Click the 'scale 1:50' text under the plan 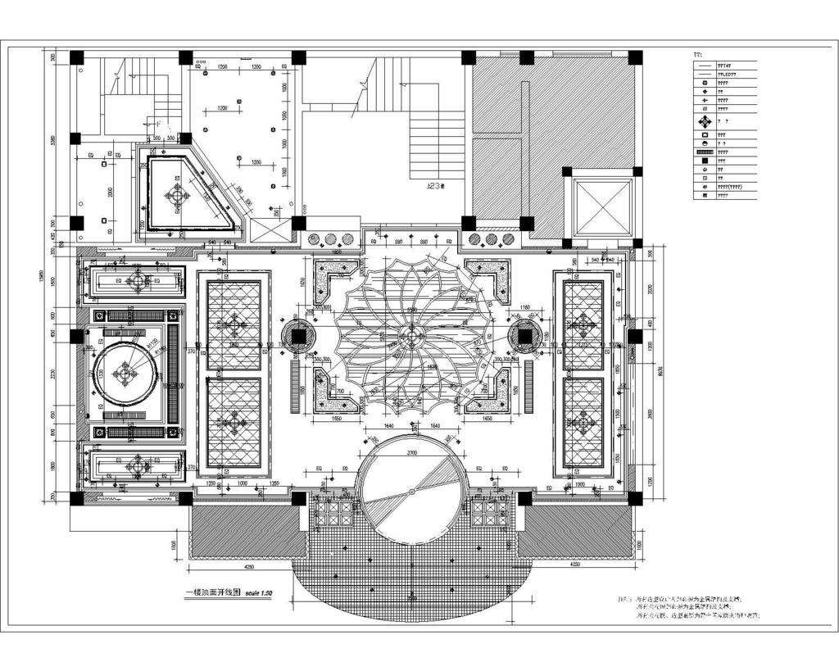254,592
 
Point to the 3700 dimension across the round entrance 412,452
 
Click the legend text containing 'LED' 727,75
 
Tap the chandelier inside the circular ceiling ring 125,374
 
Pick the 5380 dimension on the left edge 52,141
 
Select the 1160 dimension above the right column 525,308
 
